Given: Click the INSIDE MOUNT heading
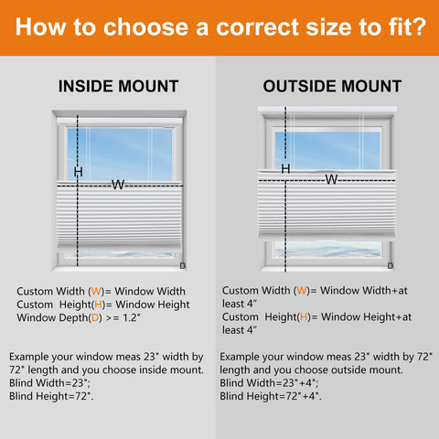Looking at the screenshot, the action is [118, 86].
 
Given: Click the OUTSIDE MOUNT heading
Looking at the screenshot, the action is [332, 86].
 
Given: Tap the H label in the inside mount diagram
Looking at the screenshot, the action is [79, 172].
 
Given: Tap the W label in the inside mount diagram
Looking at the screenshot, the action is [118, 185].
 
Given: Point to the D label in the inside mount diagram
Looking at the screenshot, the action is [183, 266].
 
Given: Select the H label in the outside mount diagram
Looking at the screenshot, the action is [285, 168].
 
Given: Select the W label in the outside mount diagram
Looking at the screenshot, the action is [331, 179].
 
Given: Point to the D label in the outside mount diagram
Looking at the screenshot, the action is [391, 266].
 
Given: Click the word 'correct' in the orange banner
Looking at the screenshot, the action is [258, 27].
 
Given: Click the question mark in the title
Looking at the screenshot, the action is [420, 27].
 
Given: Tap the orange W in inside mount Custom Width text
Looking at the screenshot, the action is [96, 292].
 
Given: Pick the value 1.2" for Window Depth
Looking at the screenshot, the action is [132, 317].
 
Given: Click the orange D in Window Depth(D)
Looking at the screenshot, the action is [95, 317].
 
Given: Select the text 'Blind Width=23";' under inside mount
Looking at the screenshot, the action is [49, 383].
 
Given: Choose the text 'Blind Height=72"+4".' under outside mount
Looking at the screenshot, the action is [271, 396].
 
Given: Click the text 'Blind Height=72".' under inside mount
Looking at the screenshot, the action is [51, 396].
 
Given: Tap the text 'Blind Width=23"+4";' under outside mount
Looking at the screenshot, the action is [269, 383].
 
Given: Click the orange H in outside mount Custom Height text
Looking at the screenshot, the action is [304, 317].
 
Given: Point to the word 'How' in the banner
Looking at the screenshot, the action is [41, 27].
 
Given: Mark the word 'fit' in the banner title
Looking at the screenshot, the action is [400, 27].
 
